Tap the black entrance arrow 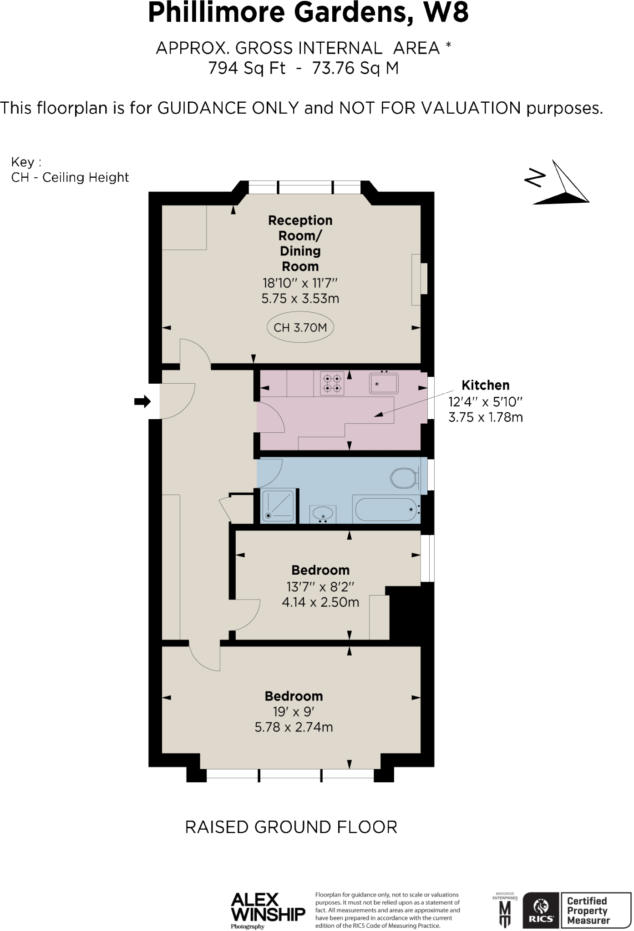pos(142,401)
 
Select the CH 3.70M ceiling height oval pos(300,327)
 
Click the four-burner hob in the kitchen pos(332,383)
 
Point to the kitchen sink pos(384,383)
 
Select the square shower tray pos(279,506)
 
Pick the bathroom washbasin pos(323,514)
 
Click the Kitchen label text pos(485,385)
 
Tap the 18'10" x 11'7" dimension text pos(300,283)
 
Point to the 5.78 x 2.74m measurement pos(294,727)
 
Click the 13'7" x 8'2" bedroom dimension pos(320,586)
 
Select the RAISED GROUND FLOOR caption pos(291,827)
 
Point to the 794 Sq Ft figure pos(247,68)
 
